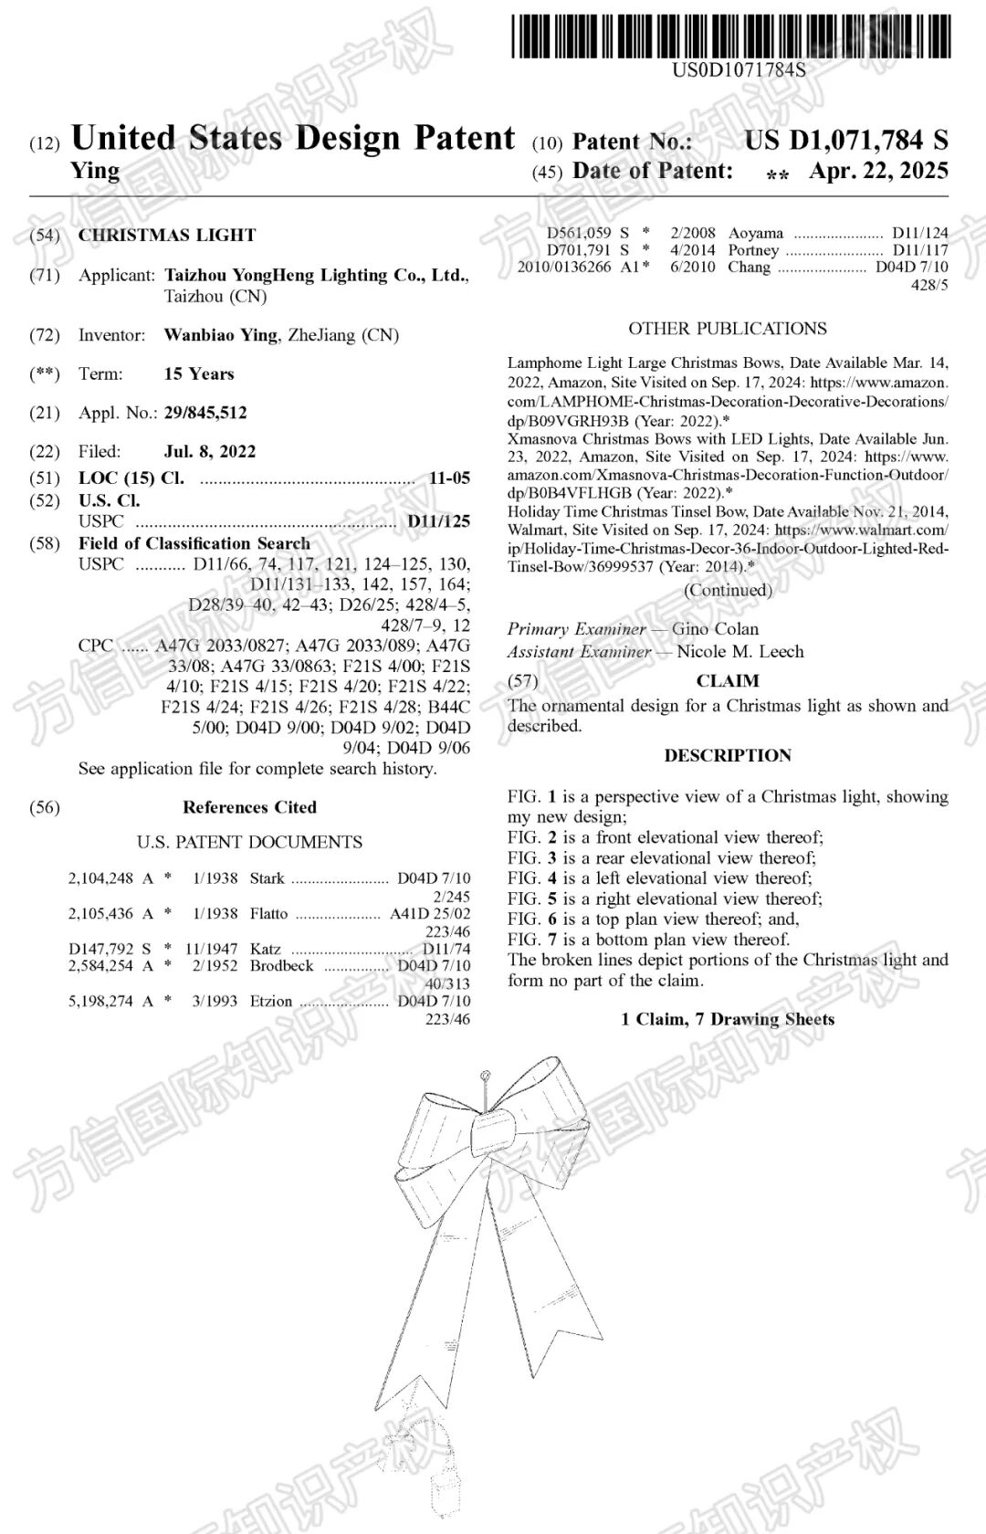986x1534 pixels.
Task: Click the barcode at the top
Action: pos(730,37)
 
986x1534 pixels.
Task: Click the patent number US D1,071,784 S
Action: pos(845,141)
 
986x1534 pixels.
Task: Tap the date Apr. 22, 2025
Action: pos(877,172)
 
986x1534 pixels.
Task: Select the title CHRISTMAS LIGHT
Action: pos(167,235)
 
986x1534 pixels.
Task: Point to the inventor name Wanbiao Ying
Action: pos(220,335)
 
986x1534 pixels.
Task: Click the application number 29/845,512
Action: pos(205,413)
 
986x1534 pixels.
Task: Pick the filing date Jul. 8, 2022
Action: pos(210,451)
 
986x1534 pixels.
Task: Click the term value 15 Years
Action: pos(199,373)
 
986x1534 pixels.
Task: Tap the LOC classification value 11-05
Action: pos(449,478)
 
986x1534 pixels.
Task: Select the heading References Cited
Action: pos(249,807)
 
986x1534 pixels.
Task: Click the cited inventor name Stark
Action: pos(267,878)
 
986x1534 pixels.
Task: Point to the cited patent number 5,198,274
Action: pos(100,1002)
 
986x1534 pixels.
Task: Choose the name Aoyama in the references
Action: pos(756,233)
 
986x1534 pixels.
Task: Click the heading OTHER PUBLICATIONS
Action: pos(728,329)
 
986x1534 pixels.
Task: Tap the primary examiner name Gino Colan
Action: pos(716,629)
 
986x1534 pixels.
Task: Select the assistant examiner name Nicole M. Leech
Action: pos(740,652)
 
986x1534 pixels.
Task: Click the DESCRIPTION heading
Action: pos(728,756)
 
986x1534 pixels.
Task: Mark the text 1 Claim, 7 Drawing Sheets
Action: pos(728,1020)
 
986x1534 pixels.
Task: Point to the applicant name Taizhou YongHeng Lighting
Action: pos(316,275)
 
